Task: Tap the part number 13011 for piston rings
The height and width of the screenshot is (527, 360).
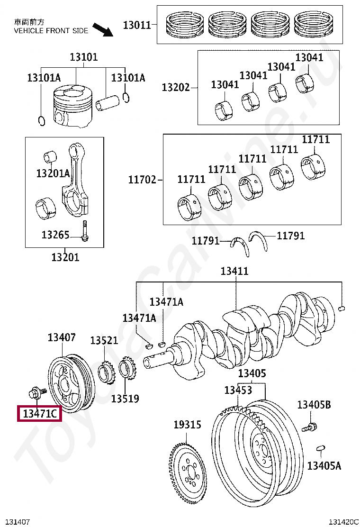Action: (137, 25)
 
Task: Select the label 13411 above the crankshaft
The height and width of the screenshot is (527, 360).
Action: (234, 272)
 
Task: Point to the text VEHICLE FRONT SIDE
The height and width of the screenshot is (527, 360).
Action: (51, 31)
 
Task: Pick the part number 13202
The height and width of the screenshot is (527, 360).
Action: (175, 87)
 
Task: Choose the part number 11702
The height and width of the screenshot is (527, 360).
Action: (142, 180)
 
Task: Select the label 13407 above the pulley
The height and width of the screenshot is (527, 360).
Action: (62, 337)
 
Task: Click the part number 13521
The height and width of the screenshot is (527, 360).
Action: (104, 340)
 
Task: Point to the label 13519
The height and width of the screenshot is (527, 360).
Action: (125, 399)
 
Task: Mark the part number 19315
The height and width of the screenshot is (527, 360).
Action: (187, 425)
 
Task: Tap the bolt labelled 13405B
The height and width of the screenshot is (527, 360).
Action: (309, 427)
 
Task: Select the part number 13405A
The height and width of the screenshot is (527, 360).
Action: (324, 466)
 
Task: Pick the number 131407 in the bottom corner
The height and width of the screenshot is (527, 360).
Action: (17, 522)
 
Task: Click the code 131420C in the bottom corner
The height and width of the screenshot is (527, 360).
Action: (344, 522)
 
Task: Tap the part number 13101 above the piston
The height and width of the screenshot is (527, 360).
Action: (84, 57)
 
